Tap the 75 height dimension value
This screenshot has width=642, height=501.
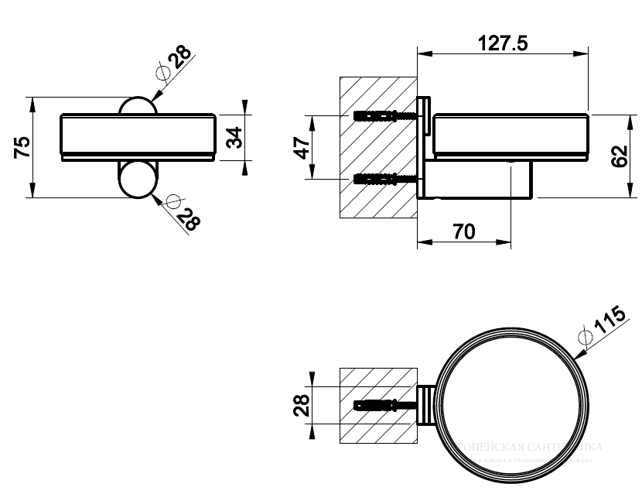coord(22,146)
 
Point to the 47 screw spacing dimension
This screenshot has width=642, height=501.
coord(304,146)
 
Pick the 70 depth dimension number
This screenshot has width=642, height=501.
coord(463,232)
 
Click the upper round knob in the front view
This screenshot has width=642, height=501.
coord(139,107)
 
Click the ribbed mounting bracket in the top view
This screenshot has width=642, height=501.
coord(426,405)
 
